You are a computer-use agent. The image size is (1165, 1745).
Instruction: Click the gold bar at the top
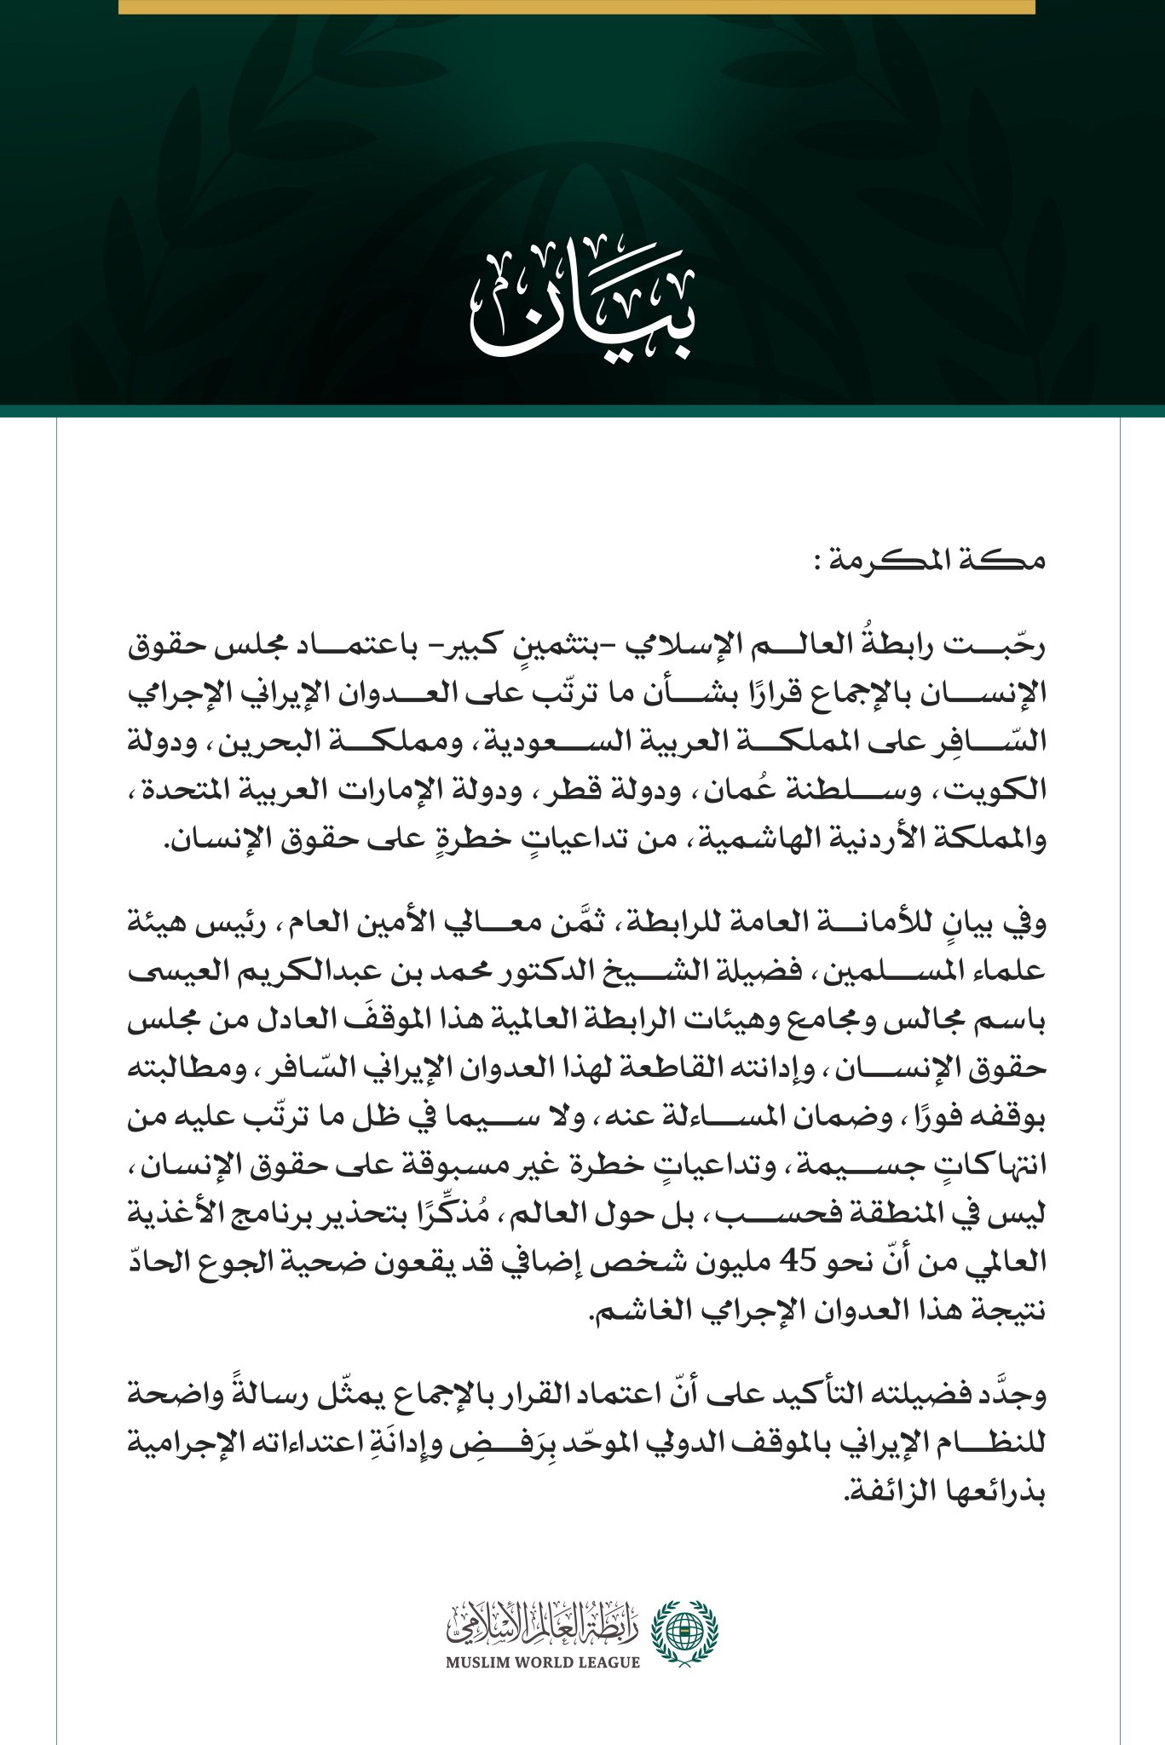click(576, 7)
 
